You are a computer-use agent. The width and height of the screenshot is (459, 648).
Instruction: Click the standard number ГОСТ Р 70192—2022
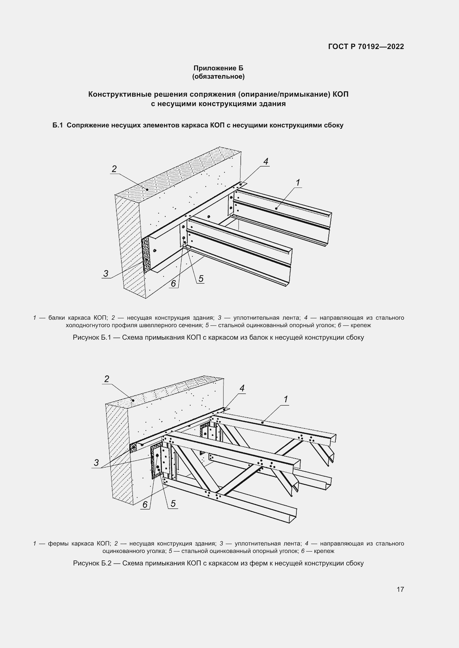point(366,47)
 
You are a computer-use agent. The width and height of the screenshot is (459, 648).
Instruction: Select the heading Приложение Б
point(218,68)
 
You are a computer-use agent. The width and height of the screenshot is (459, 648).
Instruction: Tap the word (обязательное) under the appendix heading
point(218,76)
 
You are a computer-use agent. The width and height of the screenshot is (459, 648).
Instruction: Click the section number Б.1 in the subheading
point(57,125)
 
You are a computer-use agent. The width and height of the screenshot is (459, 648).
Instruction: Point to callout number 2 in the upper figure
point(114,169)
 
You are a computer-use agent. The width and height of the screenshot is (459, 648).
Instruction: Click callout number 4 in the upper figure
point(266,162)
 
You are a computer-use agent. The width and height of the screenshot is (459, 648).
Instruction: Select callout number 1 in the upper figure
point(297,183)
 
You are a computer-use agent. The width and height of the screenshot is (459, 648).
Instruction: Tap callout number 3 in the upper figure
point(106,273)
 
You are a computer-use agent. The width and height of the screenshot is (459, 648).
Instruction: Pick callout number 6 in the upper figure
point(173,283)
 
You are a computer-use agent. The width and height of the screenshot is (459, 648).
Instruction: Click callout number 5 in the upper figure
point(201,278)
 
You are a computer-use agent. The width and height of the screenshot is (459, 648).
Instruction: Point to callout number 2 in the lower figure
point(107,379)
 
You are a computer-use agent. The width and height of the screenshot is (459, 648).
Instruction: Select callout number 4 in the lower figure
point(242,388)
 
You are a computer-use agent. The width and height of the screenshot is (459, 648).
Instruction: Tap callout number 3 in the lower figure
point(96,462)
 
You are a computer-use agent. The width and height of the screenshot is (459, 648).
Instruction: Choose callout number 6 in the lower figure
point(145,504)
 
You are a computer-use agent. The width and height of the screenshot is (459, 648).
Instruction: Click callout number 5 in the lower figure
point(173,503)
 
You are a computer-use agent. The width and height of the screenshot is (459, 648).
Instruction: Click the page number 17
point(400,589)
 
